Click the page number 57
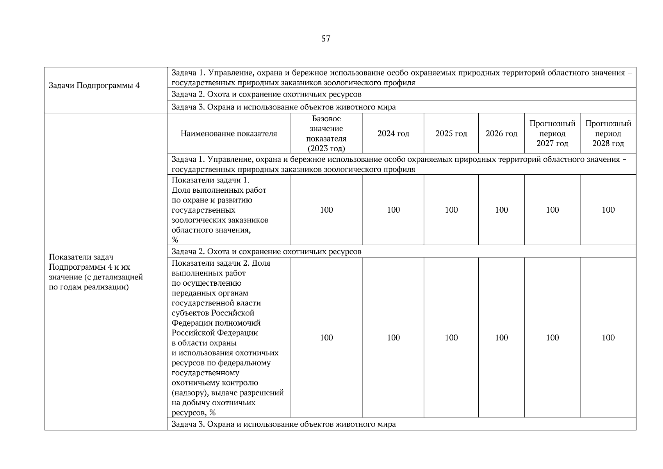tap(326, 38)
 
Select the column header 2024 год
tap(393, 134)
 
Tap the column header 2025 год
tap(451, 134)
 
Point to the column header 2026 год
tap(501, 134)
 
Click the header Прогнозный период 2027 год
tap(552, 134)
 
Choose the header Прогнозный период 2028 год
tap(608, 134)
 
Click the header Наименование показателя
tap(228, 134)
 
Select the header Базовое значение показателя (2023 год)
tap(326, 134)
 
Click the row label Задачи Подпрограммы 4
tap(94, 86)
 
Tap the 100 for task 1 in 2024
tap(393, 210)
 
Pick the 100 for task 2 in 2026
tap(501, 338)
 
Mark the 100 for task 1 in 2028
tap(608, 210)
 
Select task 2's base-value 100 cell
tap(326, 338)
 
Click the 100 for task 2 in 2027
tap(552, 338)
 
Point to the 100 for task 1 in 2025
tap(451, 210)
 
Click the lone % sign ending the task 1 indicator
tap(175, 240)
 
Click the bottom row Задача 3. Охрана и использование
tap(283, 424)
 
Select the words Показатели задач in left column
tap(81, 257)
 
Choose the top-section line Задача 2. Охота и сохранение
tap(266, 95)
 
